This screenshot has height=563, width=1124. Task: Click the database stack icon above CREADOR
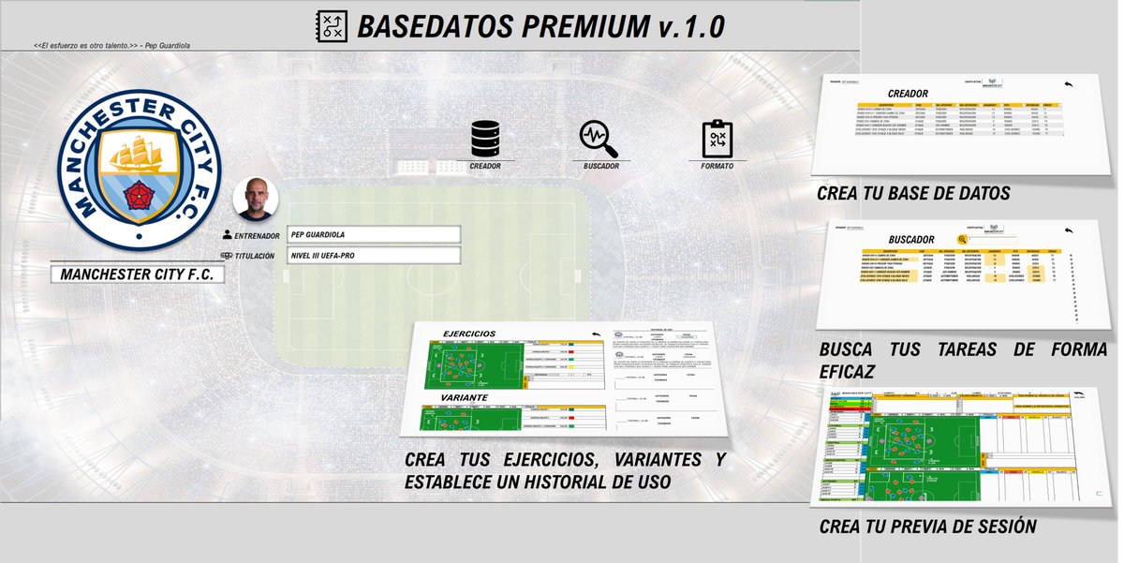(485, 139)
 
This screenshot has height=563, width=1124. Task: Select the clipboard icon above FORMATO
(717, 139)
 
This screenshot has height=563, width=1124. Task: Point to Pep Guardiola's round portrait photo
(255, 198)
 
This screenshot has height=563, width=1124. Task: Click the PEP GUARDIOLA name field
(374, 234)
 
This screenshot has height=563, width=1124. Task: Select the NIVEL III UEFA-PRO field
(374, 256)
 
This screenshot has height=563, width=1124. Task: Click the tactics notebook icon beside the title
(332, 24)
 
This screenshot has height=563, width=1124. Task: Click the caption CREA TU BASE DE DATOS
(913, 194)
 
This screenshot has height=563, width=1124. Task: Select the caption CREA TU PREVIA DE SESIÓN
(927, 526)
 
